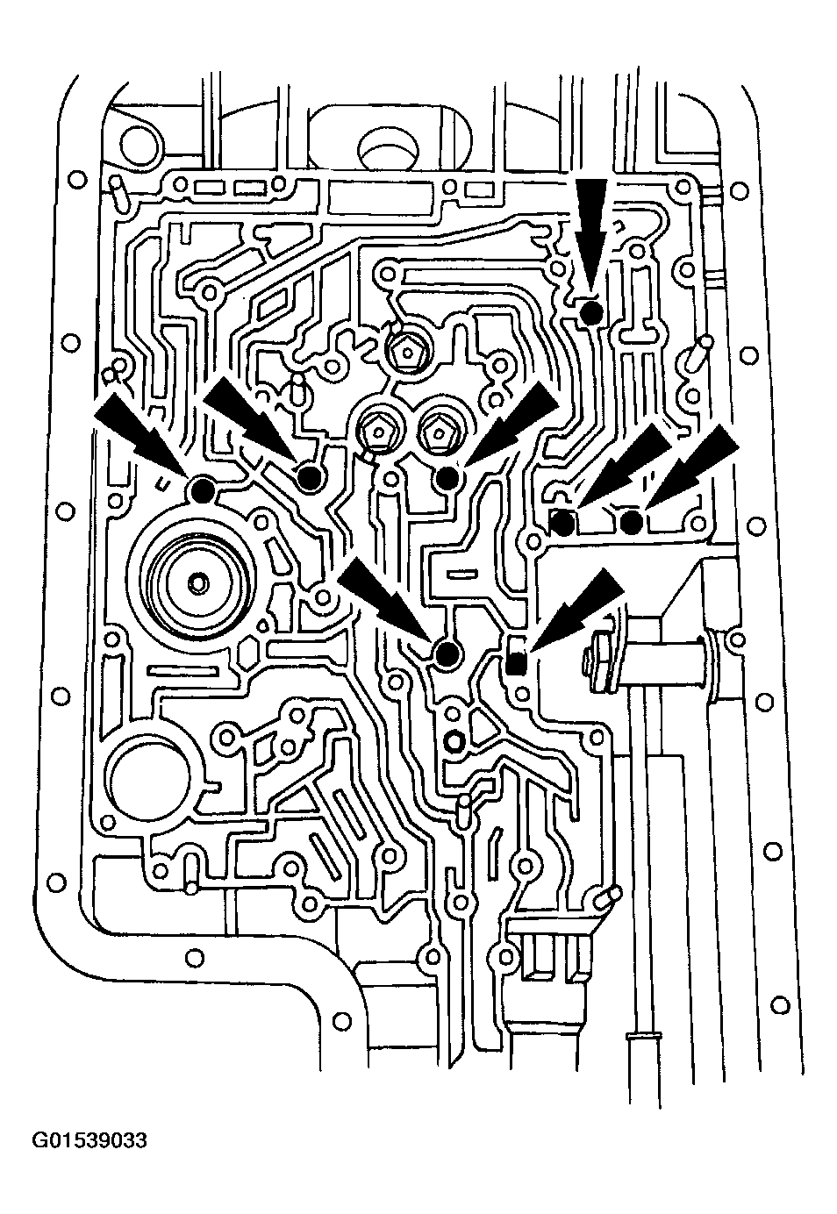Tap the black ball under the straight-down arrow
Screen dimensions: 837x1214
pyautogui.click(x=590, y=313)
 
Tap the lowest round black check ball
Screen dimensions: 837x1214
pyautogui.click(x=448, y=654)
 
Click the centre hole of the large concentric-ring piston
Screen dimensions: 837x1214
pyautogui.click(x=198, y=583)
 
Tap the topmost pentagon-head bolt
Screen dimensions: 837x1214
pyautogui.click(x=405, y=353)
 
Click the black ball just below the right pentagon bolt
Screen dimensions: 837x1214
pyautogui.click(x=448, y=478)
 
